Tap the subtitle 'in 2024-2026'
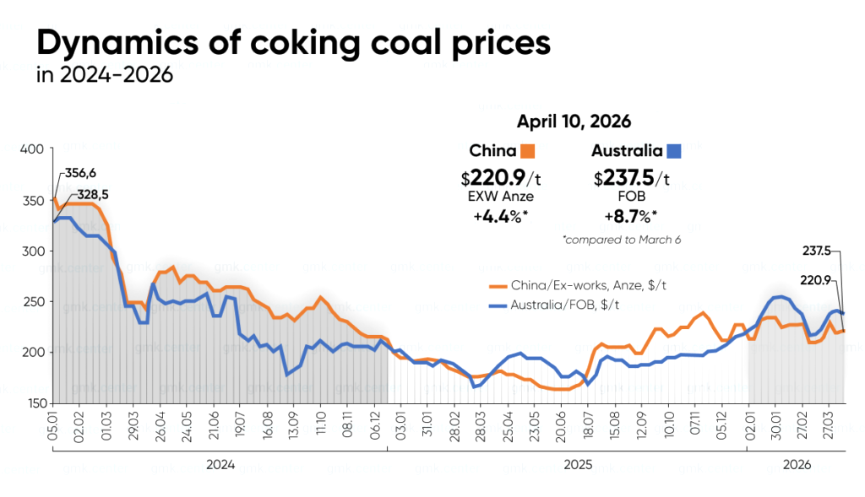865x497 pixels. point(105,75)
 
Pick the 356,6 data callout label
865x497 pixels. point(80,173)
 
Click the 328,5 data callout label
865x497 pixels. point(94,194)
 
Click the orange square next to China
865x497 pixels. point(528,152)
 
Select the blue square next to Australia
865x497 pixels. point(674,152)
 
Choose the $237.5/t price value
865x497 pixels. point(632,178)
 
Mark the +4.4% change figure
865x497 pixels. point(503,215)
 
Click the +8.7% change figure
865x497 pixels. point(632,215)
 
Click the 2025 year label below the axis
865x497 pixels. point(579,464)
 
